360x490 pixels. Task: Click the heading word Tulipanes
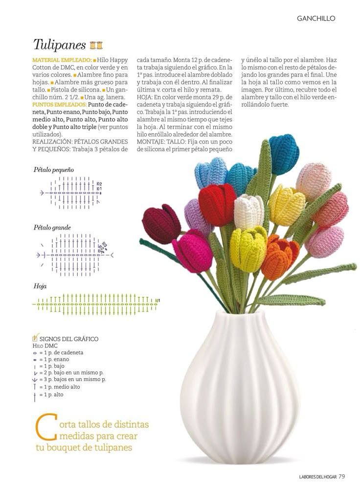click(x=59, y=45)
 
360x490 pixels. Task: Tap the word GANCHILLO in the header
click(x=315, y=18)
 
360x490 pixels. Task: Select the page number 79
click(x=342, y=475)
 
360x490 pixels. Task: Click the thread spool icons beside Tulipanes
click(x=96, y=46)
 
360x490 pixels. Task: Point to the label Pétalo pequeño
click(x=54, y=170)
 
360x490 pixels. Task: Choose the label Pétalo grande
click(x=52, y=228)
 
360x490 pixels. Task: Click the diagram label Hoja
click(x=40, y=286)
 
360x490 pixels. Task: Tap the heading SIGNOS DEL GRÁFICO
click(x=68, y=339)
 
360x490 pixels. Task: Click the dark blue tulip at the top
click(x=284, y=153)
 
